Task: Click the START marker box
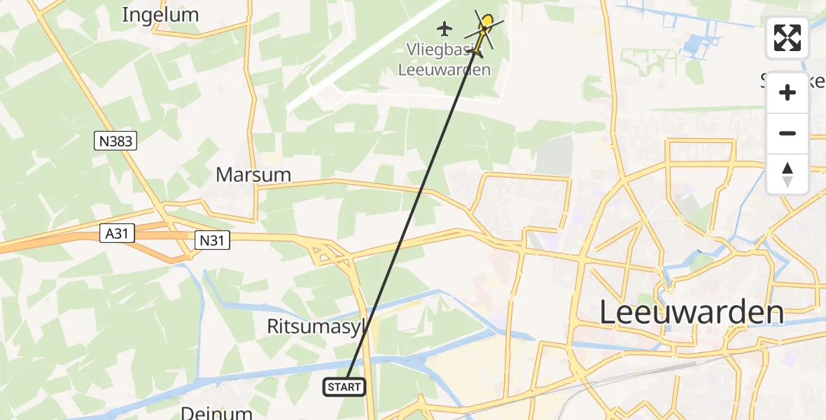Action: (x=344, y=386)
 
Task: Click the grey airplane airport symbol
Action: (x=444, y=29)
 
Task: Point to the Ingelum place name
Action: (x=160, y=14)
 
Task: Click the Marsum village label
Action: (x=253, y=174)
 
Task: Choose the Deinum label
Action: (x=216, y=412)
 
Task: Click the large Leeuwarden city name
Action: (x=692, y=312)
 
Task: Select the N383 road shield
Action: (x=115, y=141)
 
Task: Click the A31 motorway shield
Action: (x=117, y=233)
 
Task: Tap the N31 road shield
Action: (x=211, y=240)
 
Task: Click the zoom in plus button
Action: (x=787, y=92)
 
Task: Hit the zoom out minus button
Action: (x=787, y=133)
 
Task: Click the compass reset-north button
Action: (x=787, y=174)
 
